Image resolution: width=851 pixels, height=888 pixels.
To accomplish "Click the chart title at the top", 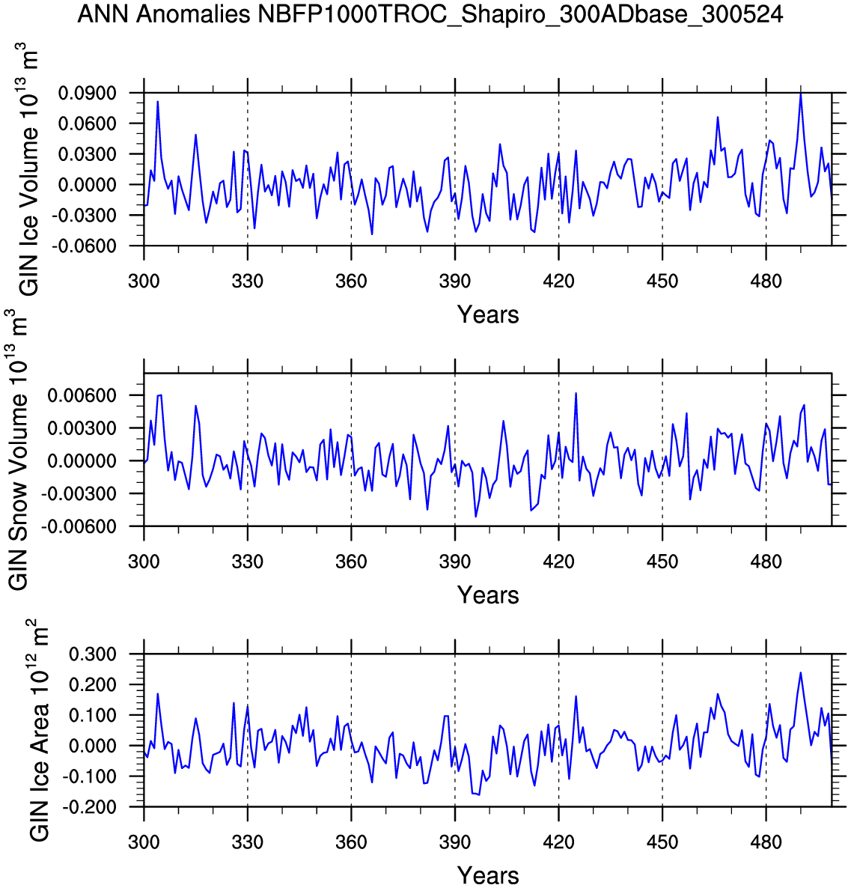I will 430,14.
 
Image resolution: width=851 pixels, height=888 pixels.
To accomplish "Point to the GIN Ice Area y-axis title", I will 38,730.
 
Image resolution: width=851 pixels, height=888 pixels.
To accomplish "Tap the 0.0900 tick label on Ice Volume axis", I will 88,93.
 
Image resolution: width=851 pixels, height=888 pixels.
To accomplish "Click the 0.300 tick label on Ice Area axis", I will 93,654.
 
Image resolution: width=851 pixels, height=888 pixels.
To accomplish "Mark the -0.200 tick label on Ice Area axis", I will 90,808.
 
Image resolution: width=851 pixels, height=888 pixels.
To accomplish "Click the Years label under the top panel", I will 488,315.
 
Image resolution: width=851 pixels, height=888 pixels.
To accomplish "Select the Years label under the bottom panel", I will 488,875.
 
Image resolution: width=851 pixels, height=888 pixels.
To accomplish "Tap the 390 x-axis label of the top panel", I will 455,282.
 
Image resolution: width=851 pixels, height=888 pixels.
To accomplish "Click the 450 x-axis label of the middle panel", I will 662,562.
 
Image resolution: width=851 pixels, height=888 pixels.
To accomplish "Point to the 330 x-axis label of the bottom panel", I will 248,842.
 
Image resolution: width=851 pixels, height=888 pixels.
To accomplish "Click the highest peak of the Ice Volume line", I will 800,94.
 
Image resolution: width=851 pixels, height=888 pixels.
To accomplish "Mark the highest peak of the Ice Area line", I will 800,672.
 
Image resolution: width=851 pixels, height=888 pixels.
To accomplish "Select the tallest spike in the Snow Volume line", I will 576,393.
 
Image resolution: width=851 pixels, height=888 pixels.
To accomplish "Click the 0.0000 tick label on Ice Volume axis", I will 88,185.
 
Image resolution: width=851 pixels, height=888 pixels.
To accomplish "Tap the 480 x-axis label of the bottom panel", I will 766,842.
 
